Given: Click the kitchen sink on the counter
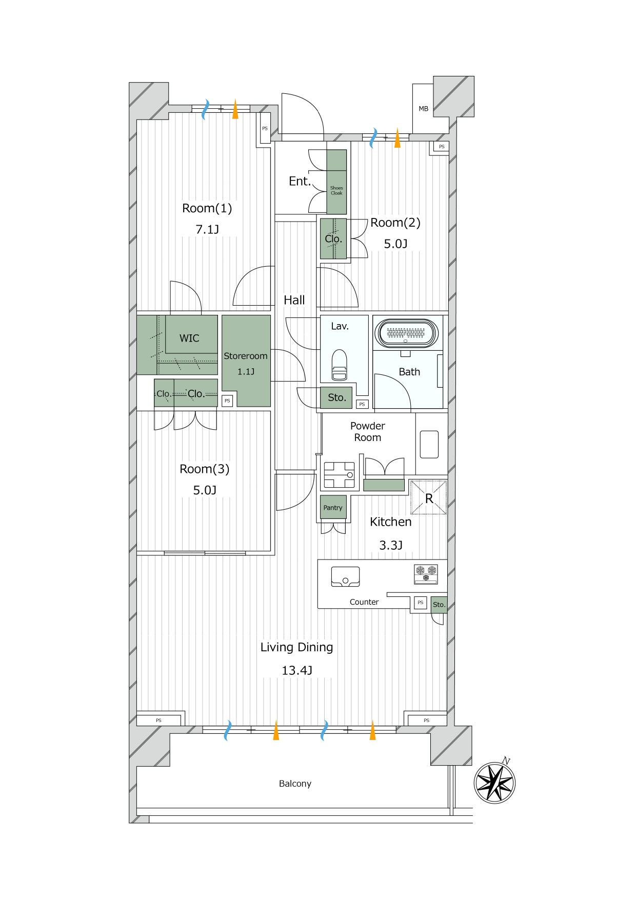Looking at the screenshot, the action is [x=345, y=576].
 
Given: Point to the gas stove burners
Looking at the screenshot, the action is [x=426, y=574].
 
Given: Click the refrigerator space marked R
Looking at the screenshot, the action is [x=428, y=497].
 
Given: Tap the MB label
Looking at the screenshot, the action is [x=424, y=109].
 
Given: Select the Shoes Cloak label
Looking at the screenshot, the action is [x=336, y=190].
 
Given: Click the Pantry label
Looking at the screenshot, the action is [x=333, y=508].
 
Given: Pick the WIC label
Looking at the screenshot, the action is [x=189, y=338].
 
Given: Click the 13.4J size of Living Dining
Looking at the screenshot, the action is [x=297, y=670].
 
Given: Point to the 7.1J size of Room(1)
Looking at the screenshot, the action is [x=207, y=229].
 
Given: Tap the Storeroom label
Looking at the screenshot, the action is [x=246, y=356].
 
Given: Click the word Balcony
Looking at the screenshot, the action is [x=295, y=784].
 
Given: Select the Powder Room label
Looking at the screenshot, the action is [x=368, y=432].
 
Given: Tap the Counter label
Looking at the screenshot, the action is [x=364, y=602].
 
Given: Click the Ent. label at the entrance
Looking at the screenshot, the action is [x=300, y=181].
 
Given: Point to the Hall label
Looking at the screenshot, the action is [x=294, y=300].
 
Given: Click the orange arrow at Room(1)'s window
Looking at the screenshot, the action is [x=235, y=109].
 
